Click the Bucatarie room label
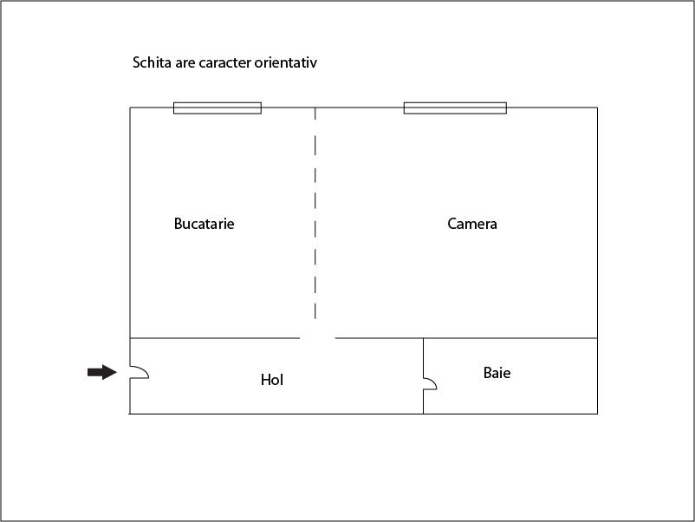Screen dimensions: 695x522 pyautogui.click(x=204, y=224)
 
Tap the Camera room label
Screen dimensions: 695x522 pyautogui.click(x=472, y=224)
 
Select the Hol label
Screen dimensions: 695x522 pyautogui.click(x=272, y=380)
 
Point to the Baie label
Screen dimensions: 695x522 pyautogui.click(x=497, y=373)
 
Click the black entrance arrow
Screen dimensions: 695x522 pyautogui.click(x=102, y=372)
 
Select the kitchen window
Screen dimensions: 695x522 pyautogui.click(x=218, y=108)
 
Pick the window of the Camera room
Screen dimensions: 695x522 pyautogui.click(x=455, y=108)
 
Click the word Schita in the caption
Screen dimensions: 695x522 pyautogui.click(x=152, y=62)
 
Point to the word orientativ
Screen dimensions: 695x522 pyautogui.click(x=286, y=62)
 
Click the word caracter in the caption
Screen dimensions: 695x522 pyautogui.click(x=224, y=62)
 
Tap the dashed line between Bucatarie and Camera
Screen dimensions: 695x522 pyautogui.click(x=315, y=213)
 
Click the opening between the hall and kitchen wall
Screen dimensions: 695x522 pyautogui.click(x=317, y=338)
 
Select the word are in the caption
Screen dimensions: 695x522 pyautogui.click(x=185, y=62)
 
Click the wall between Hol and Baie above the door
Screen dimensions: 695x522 pyautogui.click(x=423, y=358)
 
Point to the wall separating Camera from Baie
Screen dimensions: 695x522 pyautogui.click(x=510, y=338)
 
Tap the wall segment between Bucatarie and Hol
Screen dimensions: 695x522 pyautogui.click(x=215, y=338)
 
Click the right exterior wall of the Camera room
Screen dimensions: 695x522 pyautogui.click(x=597, y=223)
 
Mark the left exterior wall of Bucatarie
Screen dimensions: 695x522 pyautogui.click(x=130, y=223)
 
